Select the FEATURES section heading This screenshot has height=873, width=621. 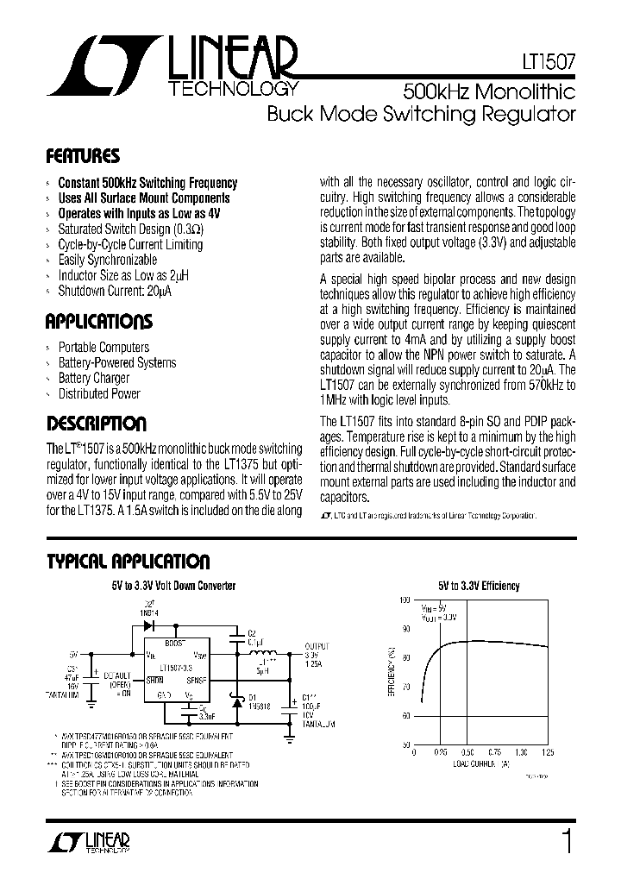tap(82, 157)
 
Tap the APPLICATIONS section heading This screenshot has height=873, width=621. tap(98, 322)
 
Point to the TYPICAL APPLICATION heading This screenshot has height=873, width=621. tap(127, 562)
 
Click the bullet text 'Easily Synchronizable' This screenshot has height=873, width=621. tap(107, 260)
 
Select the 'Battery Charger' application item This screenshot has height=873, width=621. tap(93, 378)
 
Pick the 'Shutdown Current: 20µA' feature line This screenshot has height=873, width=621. tap(115, 291)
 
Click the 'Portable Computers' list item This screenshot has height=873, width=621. tap(103, 347)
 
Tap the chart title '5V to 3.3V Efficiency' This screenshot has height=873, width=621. tap(478, 586)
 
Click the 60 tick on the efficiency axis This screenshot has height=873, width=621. tap(405, 715)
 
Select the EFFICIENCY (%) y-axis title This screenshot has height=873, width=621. tap(392, 672)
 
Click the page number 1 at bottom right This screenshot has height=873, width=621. tap(567, 839)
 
